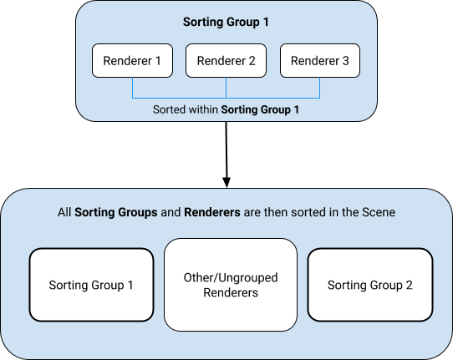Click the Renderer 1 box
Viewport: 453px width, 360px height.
[x=132, y=61]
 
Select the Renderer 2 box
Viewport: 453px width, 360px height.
[x=226, y=61]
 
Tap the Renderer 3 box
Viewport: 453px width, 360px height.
[x=320, y=61]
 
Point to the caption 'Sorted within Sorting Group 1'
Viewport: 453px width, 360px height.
[x=226, y=109]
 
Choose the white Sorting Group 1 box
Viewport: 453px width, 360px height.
[x=91, y=285]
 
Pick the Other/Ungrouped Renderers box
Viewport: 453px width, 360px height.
[x=231, y=285]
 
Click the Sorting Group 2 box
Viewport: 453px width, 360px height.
[x=369, y=285]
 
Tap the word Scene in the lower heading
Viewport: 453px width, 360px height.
[x=379, y=213]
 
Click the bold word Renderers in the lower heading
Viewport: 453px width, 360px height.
[x=211, y=213]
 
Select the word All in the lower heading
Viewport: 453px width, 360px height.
[x=64, y=213]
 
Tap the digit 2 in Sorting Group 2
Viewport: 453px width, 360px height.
[x=409, y=286]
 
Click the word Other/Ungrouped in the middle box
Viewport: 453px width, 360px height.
[x=231, y=277]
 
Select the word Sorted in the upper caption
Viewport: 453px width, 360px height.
[x=171, y=109]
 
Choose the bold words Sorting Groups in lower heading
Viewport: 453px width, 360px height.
[x=115, y=213]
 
